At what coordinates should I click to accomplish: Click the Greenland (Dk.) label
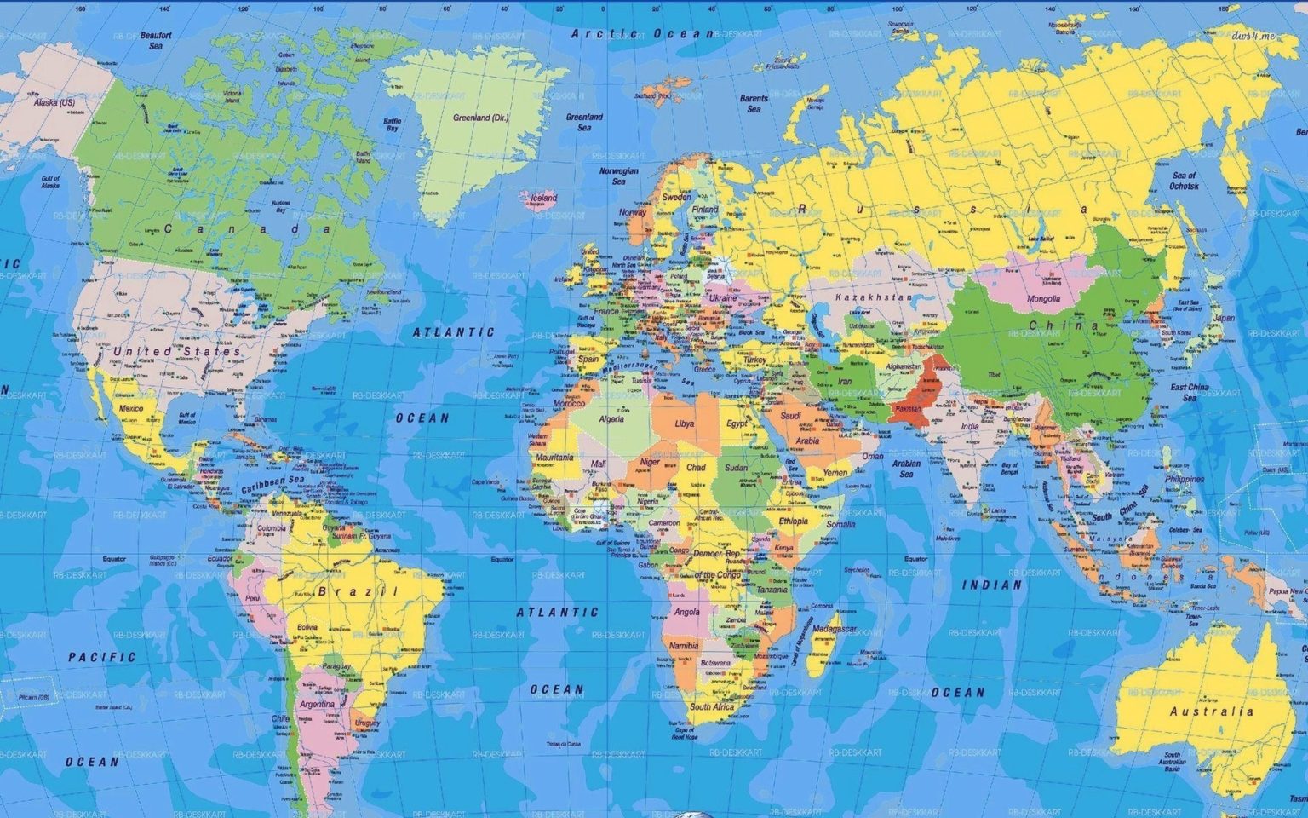click(x=480, y=118)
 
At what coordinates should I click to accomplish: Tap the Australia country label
click(x=1211, y=711)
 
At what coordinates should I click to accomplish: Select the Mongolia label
click(x=1043, y=299)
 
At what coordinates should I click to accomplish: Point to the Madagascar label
click(x=834, y=629)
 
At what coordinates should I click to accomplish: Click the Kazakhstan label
click(x=873, y=297)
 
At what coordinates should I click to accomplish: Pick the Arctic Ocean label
click(x=642, y=33)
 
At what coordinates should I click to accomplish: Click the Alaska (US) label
click(x=54, y=102)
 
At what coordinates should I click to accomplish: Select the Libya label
click(x=684, y=423)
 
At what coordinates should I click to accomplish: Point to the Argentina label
click(x=317, y=705)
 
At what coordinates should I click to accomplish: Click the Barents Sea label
click(x=754, y=103)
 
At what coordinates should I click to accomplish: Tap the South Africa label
click(x=712, y=707)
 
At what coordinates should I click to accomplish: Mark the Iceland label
click(x=543, y=198)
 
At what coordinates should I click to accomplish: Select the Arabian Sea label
click(x=906, y=469)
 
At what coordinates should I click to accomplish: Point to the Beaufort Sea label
click(x=156, y=40)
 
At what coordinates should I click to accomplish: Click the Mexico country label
click(x=130, y=408)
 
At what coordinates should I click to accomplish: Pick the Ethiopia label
click(x=793, y=521)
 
